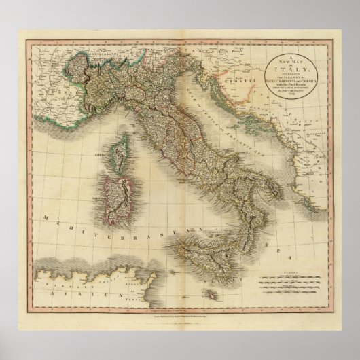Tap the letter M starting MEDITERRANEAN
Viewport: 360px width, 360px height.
(x=45, y=217)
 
